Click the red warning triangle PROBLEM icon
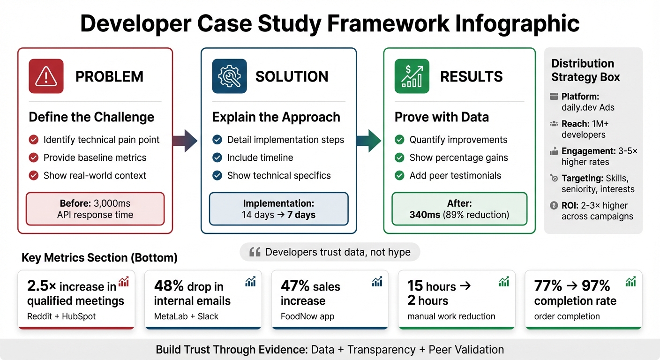pyautogui.click(x=46, y=76)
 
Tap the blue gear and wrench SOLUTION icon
pyautogui.click(x=229, y=76)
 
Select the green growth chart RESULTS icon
pyautogui.click(x=412, y=76)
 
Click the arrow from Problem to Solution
pyautogui.click(x=186, y=140)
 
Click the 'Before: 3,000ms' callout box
pyautogui.click(x=96, y=209)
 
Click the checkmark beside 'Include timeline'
pyautogui.click(x=217, y=157)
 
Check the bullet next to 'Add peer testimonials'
pyautogui.click(x=399, y=176)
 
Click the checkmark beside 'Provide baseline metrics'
pyautogui.click(x=34, y=157)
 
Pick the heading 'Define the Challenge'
pyautogui.click(x=91, y=117)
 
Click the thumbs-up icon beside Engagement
pyautogui.click(x=554, y=151)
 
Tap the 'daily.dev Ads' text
pyautogui.click(x=587, y=107)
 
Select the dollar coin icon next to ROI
pyautogui.click(x=554, y=205)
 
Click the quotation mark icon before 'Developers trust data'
pyautogui.click(x=255, y=252)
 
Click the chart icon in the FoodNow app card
pyautogui.click(x=376, y=281)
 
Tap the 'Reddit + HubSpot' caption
pyautogui.click(x=61, y=316)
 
